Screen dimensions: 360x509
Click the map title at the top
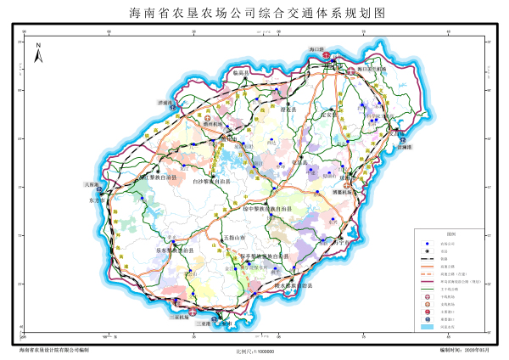point(255,14)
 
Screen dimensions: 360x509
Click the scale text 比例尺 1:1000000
point(260,350)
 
